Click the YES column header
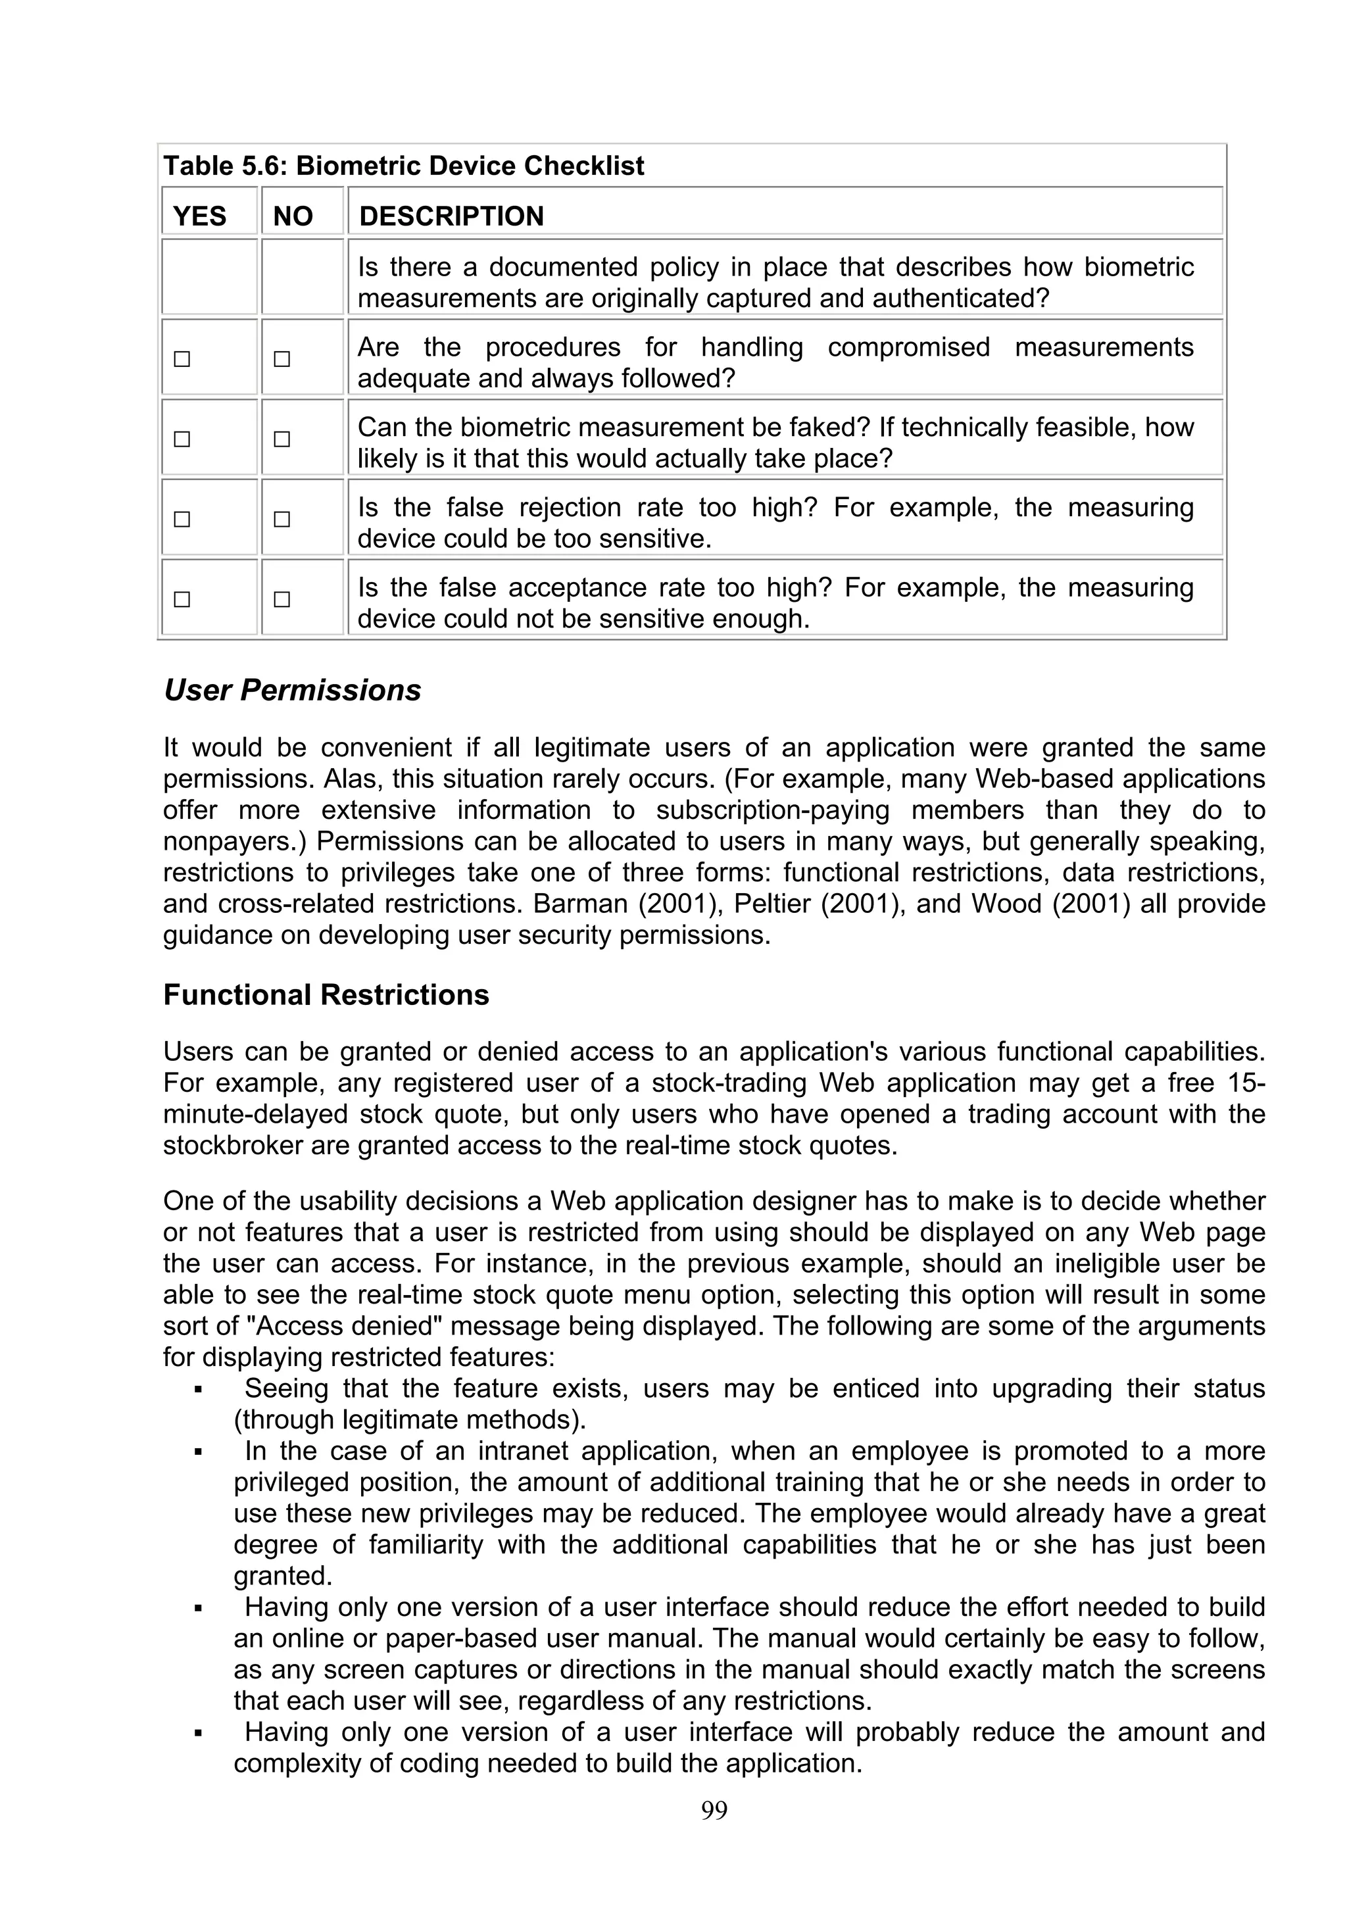click(x=199, y=216)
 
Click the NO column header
click(x=293, y=216)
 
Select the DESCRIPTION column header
click(x=451, y=216)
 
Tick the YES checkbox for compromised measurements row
click(x=182, y=360)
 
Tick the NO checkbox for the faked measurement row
click(x=282, y=439)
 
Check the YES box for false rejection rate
click(x=182, y=520)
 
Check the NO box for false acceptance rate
click(x=282, y=599)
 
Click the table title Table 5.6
click(x=403, y=166)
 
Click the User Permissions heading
click(x=292, y=691)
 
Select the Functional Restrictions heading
click(x=326, y=994)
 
